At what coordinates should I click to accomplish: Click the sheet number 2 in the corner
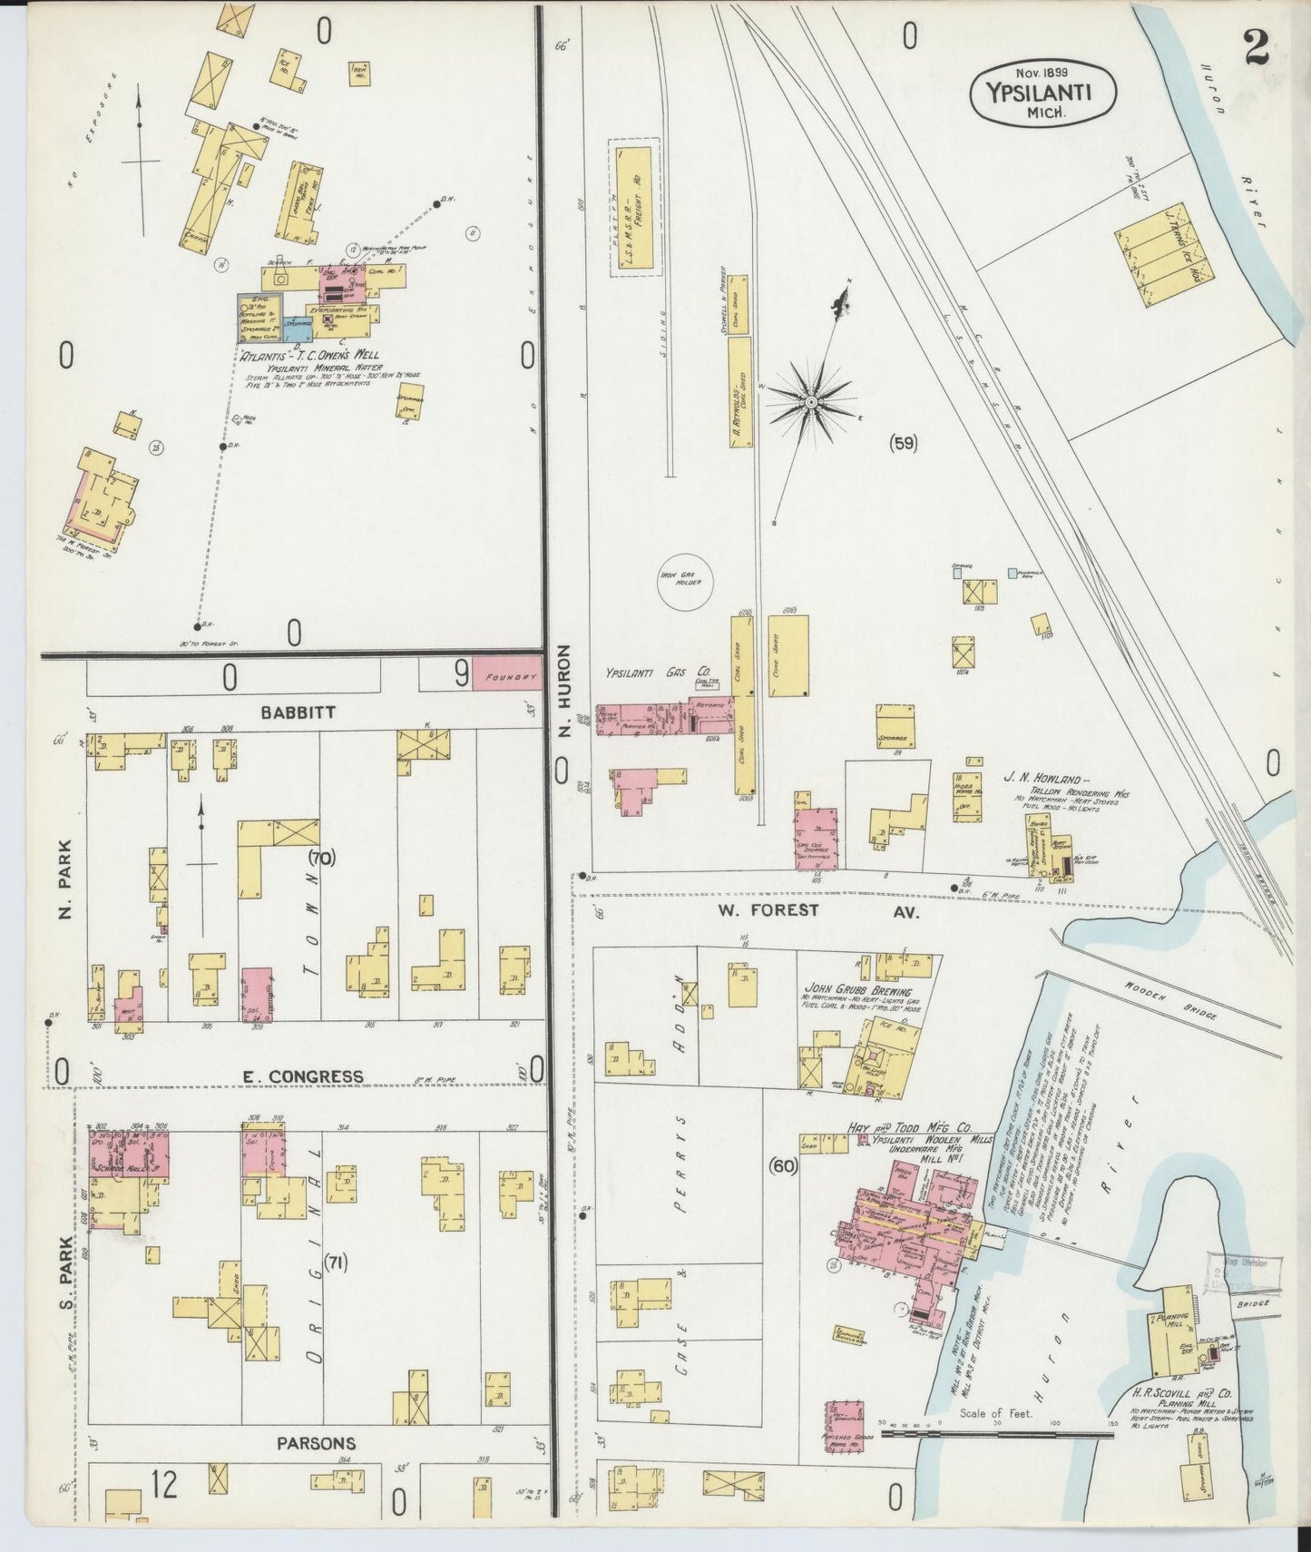[1256, 44]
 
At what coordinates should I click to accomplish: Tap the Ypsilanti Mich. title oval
[1043, 92]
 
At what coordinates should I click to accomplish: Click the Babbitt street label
[298, 712]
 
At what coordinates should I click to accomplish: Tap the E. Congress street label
[303, 1076]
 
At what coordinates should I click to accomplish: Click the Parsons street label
[316, 1443]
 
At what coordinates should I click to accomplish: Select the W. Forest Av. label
[817, 910]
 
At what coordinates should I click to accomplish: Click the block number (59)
[903, 443]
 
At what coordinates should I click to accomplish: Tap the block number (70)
[320, 857]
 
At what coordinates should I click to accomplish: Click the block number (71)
[336, 1262]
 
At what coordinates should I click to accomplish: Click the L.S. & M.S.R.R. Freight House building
[634, 209]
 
